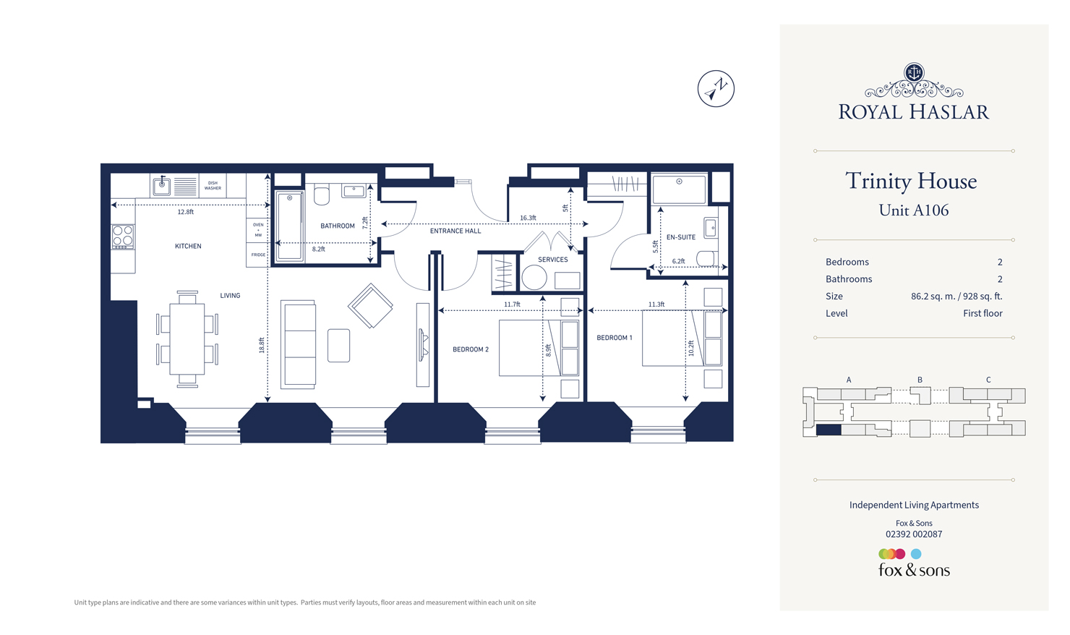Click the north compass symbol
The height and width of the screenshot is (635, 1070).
pyautogui.click(x=716, y=89)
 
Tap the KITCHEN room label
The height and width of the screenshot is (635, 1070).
pyautogui.click(x=188, y=246)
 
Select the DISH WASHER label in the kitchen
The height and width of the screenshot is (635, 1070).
pyautogui.click(x=213, y=186)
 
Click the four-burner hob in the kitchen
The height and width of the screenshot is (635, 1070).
pyautogui.click(x=123, y=236)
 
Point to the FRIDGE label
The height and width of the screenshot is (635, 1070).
pyautogui.click(x=258, y=255)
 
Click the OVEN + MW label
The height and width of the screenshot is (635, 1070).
pyautogui.click(x=258, y=229)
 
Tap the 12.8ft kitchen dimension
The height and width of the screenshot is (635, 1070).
pyautogui.click(x=186, y=212)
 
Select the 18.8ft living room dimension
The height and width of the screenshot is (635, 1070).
pyautogui.click(x=262, y=345)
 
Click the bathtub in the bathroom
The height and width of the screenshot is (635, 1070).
pyautogui.click(x=290, y=225)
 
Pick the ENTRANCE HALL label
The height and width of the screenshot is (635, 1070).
pyautogui.click(x=455, y=231)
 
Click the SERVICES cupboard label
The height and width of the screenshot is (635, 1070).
pyautogui.click(x=552, y=259)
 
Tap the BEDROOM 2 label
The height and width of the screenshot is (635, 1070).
pyautogui.click(x=471, y=349)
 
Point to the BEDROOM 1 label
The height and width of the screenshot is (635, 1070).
pyautogui.click(x=615, y=338)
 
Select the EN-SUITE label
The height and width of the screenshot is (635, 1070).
pyautogui.click(x=680, y=237)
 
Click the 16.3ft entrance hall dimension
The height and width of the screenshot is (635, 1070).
pyautogui.click(x=528, y=218)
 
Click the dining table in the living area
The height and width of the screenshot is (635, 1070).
pyautogui.click(x=187, y=338)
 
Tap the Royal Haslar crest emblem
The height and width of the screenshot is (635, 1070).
pyautogui.click(x=914, y=72)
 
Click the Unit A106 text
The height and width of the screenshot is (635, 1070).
pyautogui.click(x=913, y=210)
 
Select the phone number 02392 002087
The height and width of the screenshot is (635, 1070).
pyautogui.click(x=914, y=534)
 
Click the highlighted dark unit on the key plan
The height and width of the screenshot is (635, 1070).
pyautogui.click(x=829, y=430)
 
